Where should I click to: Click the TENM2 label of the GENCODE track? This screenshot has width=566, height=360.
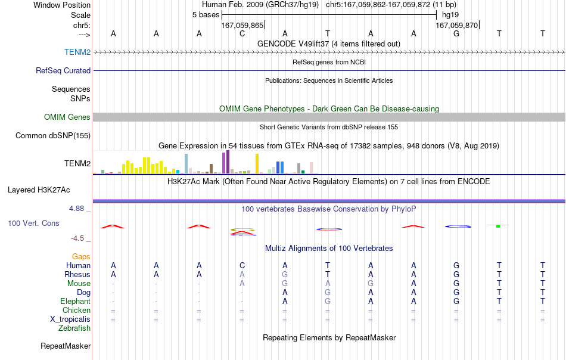77,52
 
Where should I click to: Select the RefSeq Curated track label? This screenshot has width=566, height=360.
63,70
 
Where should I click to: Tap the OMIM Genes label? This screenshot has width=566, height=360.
67,117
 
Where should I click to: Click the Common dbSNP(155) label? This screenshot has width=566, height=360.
53,135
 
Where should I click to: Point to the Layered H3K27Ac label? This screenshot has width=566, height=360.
39,190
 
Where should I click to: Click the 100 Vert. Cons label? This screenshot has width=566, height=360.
33,223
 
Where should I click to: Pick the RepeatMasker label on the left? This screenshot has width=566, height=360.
66,346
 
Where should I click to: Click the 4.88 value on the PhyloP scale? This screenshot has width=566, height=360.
76,209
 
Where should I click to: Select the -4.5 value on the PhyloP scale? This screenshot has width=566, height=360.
77,238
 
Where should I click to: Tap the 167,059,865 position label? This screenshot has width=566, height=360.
242,25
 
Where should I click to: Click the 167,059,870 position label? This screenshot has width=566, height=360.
456,25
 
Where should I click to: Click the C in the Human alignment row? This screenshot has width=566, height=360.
242,265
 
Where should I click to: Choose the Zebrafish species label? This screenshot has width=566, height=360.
74,328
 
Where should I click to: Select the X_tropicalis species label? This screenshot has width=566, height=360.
70,319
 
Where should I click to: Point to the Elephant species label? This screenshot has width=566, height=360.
76,301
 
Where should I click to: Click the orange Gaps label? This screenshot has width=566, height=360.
81,256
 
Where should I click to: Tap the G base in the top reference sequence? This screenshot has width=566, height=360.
456,33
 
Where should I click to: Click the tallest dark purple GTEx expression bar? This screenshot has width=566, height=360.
228,162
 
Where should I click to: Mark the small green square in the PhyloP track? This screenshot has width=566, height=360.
498,226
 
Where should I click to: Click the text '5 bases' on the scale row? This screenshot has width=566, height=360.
206,15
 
